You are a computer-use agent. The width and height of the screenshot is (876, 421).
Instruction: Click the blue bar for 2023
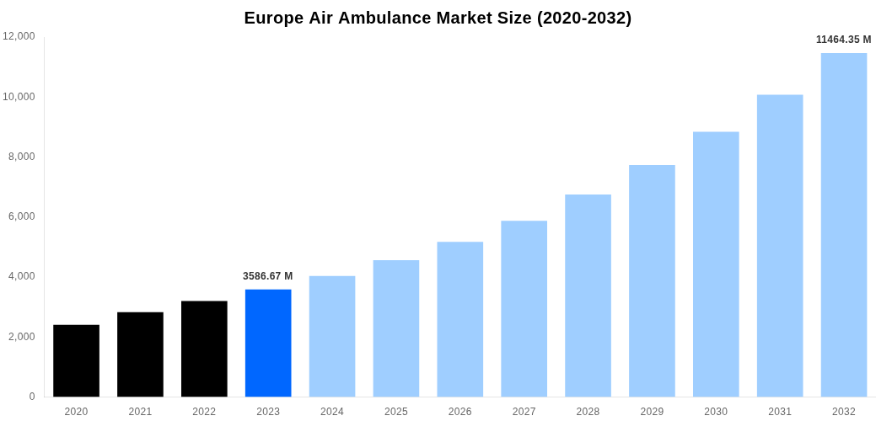(x=268, y=343)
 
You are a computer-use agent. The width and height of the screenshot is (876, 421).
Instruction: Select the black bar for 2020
(x=76, y=360)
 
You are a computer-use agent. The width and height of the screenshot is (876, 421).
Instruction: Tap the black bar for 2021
(x=140, y=354)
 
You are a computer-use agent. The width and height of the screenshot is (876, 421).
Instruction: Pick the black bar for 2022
(x=204, y=349)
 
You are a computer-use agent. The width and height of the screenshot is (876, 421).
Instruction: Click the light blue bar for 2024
(x=332, y=336)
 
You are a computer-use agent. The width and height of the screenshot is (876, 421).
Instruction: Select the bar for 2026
(x=459, y=319)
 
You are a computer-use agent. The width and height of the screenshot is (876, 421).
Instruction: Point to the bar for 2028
(x=588, y=296)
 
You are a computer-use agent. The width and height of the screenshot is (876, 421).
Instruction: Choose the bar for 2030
(x=716, y=264)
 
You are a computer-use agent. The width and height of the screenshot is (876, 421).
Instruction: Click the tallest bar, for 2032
(x=844, y=225)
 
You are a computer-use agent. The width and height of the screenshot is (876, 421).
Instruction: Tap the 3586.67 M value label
(x=268, y=276)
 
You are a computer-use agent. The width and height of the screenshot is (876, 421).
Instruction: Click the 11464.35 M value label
(x=843, y=40)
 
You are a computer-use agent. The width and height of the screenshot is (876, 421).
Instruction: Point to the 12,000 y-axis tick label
(x=19, y=36)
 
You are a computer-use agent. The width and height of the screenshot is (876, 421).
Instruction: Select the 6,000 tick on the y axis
(x=21, y=216)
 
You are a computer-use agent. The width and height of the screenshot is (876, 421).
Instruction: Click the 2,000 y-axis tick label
(x=21, y=337)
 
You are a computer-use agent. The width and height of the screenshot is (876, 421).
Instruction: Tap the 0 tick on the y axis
(x=32, y=397)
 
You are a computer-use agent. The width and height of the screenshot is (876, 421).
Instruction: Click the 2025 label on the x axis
(x=396, y=412)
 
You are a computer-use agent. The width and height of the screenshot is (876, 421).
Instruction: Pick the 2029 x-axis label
(x=652, y=412)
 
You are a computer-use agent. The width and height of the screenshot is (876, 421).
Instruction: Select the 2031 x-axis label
(x=780, y=412)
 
